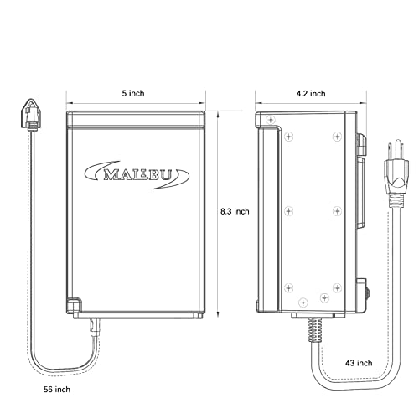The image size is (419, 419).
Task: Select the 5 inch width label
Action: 134,95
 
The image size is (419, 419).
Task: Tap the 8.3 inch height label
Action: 235,211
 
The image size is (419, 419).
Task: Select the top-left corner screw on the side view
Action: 270,122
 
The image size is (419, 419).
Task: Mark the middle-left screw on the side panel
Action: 287,209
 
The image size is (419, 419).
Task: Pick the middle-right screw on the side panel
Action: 335,209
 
